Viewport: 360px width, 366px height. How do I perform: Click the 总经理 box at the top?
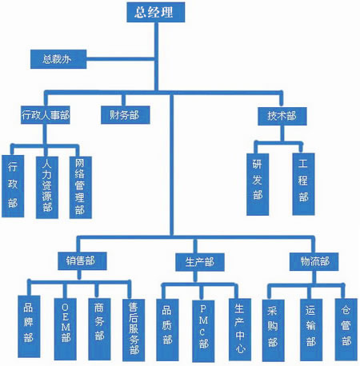click(x=156, y=12)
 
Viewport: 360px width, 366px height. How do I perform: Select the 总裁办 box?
click(x=58, y=59)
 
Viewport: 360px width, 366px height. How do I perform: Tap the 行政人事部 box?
click(x=46, y=115)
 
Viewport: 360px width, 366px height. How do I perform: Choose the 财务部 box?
click(x=126, y=115)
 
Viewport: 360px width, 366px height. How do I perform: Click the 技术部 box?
click(x=282, y=116)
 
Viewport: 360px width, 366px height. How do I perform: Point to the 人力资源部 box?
click(x=47, y=188)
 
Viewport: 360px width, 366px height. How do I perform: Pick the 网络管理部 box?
click(x=81, y=188)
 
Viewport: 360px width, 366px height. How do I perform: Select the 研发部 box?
click(x=258, y=185)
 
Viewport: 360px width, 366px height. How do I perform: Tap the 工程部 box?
click(x=303, y=184)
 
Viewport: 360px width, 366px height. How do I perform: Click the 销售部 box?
click(x=82, y=261)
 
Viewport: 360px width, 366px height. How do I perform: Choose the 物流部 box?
click(x=314, y=262)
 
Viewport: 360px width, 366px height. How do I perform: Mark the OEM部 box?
click(x=66, y=329)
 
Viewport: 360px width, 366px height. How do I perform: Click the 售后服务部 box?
click(x=134, y=330)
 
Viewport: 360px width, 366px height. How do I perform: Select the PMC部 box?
click(x=203, y=331)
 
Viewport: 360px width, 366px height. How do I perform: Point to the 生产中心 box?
click(x=240, y=330)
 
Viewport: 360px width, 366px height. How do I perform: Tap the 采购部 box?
click(x=274, y=331)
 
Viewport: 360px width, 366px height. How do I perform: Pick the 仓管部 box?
click(x=346, y=330)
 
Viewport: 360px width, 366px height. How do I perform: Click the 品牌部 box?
click(x=29, y=327)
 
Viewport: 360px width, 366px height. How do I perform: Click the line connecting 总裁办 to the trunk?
click(x=121, y=59)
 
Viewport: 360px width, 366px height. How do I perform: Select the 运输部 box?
click(x=311, y=330)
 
